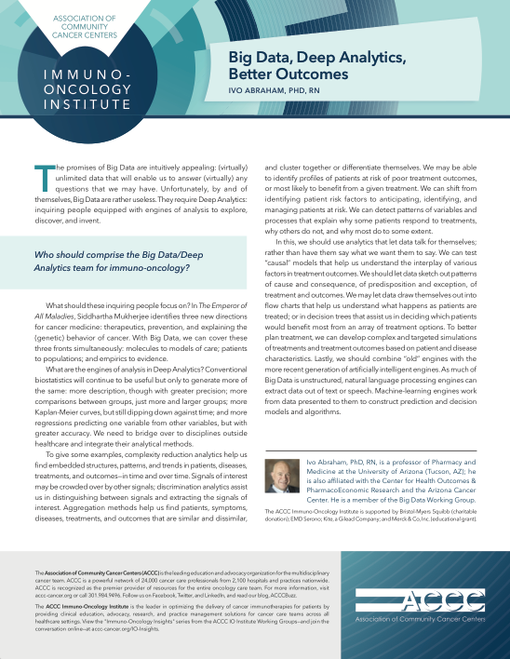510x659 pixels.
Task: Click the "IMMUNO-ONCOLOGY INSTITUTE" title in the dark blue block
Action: tap(83, 86)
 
